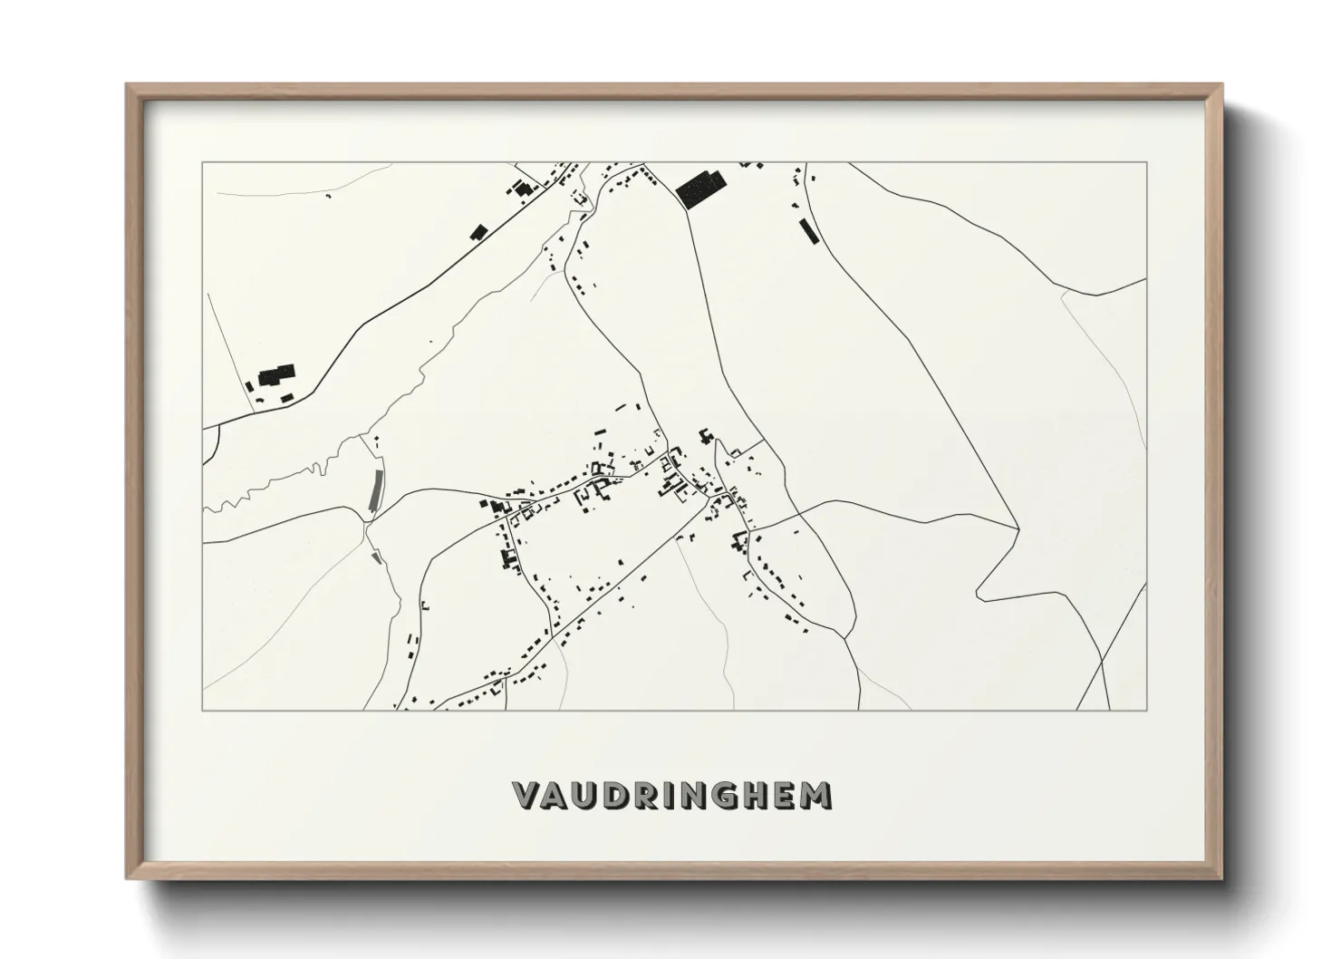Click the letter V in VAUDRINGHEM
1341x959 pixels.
529,795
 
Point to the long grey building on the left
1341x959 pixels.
374,490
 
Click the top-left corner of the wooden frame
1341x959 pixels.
127,85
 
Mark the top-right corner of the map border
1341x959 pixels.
1146,163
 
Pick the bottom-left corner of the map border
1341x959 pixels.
203,710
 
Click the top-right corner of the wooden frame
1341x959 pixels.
1222,85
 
